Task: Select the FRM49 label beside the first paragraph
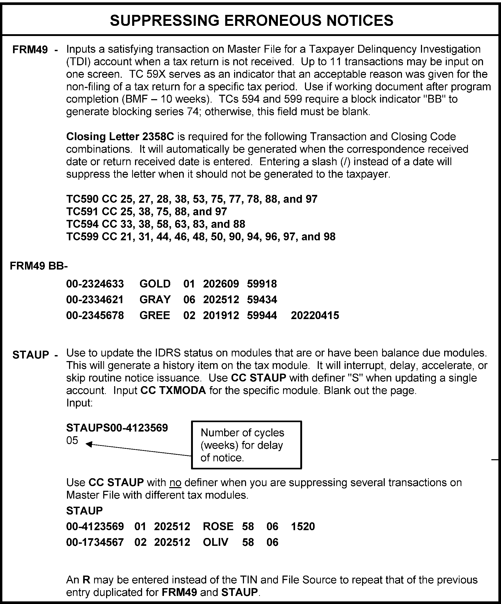[x=30, y=50]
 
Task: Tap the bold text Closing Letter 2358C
[x=120, y=136]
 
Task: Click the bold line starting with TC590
[x=192, y=199]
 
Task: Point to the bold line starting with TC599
[x=201, y=236]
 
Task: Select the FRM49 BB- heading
[x=39, y=266]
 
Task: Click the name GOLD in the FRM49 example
[x=155, y=284]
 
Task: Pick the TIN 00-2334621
[x=95, y=300]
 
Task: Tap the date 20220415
[x=315, y=315]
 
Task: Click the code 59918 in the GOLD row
[x=261, y=284]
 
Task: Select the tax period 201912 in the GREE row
[x=221, y=315]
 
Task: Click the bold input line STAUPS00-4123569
[x=117, y=428]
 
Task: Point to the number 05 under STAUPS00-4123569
[x=72, y=440]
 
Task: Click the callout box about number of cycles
[x=246, y=445]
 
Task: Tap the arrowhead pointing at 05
[x=89, y=444]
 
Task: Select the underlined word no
[x=175, y=482]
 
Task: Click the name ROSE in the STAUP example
[x=218, y=526]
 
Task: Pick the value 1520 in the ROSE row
[x=303, y=526]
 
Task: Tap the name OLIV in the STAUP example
[x=216, y=542]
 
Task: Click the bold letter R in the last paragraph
[x=86, y=579]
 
